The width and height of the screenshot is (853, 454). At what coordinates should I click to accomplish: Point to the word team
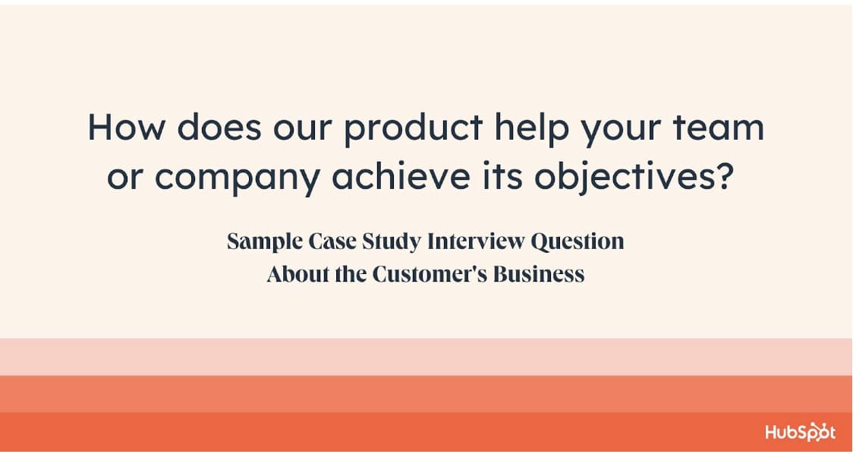719,128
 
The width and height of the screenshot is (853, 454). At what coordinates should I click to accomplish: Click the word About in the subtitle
297,273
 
